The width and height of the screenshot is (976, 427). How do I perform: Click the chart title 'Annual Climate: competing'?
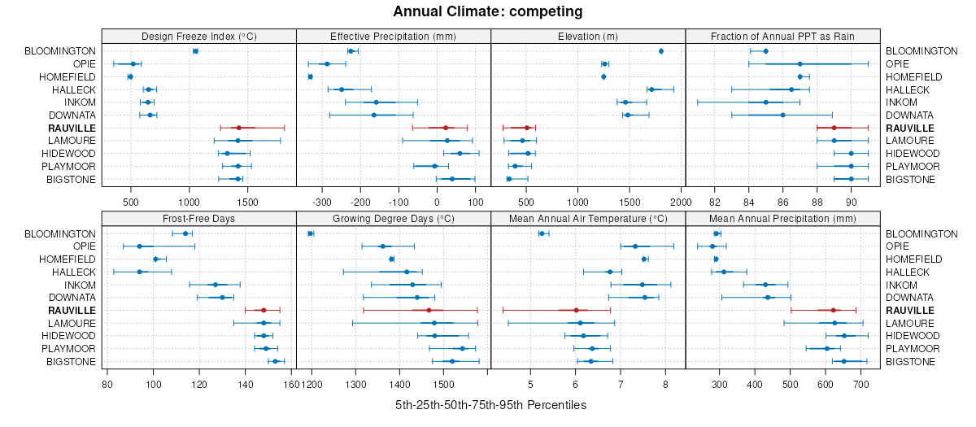click(488, 11)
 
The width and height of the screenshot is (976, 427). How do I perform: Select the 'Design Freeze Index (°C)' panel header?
click(199, 36)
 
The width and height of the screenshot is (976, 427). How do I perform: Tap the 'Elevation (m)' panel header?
click(589, 36)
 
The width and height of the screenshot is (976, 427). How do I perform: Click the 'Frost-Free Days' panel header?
click(199, 218)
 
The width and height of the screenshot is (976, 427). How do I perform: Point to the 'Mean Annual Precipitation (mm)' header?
click(783, 218)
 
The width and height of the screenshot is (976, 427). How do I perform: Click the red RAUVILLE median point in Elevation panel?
click(527, 128)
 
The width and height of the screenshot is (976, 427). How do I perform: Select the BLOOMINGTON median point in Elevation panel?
click(661, 51)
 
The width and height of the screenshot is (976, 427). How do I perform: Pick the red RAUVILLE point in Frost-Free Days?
click(264, 310)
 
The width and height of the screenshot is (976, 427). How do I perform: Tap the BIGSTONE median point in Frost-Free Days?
click(275, 361)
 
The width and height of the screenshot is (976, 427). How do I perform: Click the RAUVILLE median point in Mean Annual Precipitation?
click(833, 310)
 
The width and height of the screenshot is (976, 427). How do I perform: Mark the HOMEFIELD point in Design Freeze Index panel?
click(130, 76)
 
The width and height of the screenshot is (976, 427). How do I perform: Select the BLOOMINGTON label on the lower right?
click(922, 233)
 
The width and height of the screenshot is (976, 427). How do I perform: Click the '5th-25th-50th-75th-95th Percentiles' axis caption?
click(490, 404)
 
